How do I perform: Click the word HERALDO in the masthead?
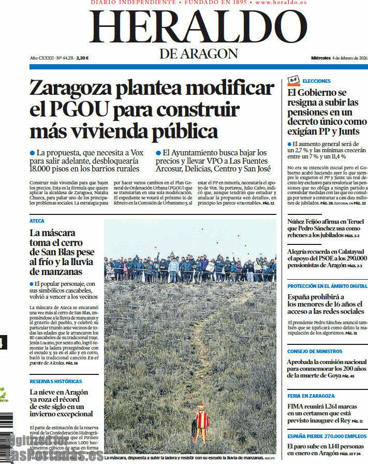pyautogui.click(x=198, y=28)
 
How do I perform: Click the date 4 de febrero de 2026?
pyautogui.click(x=350, y=58)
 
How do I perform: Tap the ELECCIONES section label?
pyautogui.click(x=316, y=81)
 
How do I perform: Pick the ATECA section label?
pyautogui.click(x=37, y=221)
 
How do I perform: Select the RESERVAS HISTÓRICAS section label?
pyautogui.click(x=55, y=382)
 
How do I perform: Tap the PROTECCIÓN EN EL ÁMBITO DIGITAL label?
pyautogui.click(x=327, y=286)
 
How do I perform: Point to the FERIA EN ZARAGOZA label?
pyautogui.click(x=311, y=396)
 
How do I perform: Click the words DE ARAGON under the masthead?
pyautogui.click(x=198, y=53)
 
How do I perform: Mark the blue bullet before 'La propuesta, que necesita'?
pyautogui.click(x=32, y=153)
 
